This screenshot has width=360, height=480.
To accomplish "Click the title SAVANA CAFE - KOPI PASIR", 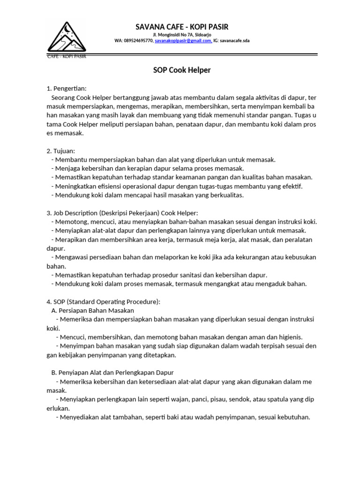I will point(182,27).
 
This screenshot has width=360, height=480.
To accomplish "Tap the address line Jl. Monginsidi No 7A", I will point(182,35).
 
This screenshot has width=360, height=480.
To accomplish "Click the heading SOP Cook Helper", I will point(182,70).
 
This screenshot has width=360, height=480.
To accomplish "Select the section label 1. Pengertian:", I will point(67,88).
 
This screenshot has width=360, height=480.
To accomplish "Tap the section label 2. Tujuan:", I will point(60,150).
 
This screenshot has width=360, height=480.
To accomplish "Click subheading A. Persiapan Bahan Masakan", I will point(92,310).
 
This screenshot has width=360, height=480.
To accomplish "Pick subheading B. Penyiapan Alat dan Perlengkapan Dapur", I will point(112,373).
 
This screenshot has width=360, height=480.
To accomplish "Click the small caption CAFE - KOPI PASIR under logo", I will point(67,56).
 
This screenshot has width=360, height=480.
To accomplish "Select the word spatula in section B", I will point(277,399).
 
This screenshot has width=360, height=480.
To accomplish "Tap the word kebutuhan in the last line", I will point(293,417).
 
